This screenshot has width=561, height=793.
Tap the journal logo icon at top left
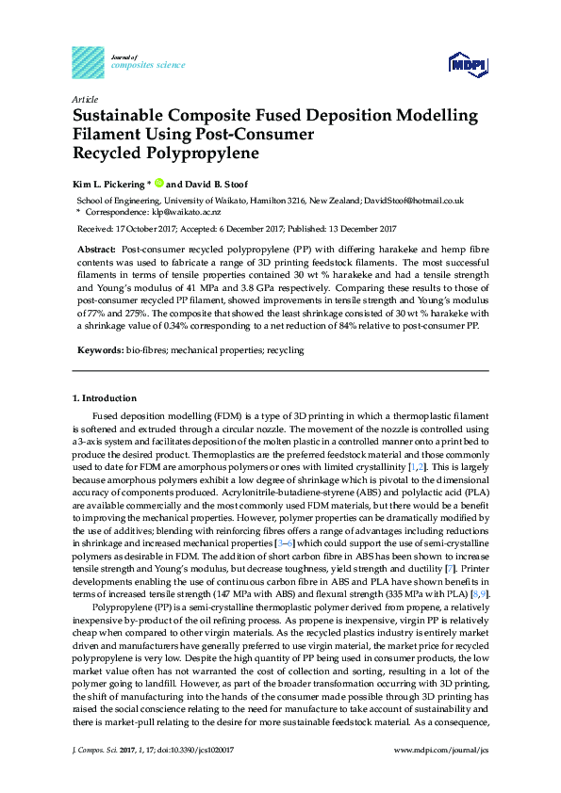pyautogui.click(x=88, y=62)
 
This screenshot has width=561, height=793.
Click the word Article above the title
pyautogui.click(x=86, y=99)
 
